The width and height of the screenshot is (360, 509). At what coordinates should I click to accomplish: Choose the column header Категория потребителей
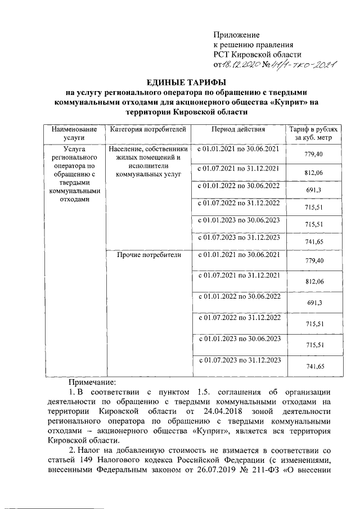[x=148, y=129]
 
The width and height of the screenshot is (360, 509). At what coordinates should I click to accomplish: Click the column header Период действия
[x=237, y=129]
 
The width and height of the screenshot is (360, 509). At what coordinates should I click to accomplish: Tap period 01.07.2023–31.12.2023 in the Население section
[x=237, y=237]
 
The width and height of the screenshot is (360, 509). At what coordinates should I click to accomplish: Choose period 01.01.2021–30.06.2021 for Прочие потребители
[x=237, y=255]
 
